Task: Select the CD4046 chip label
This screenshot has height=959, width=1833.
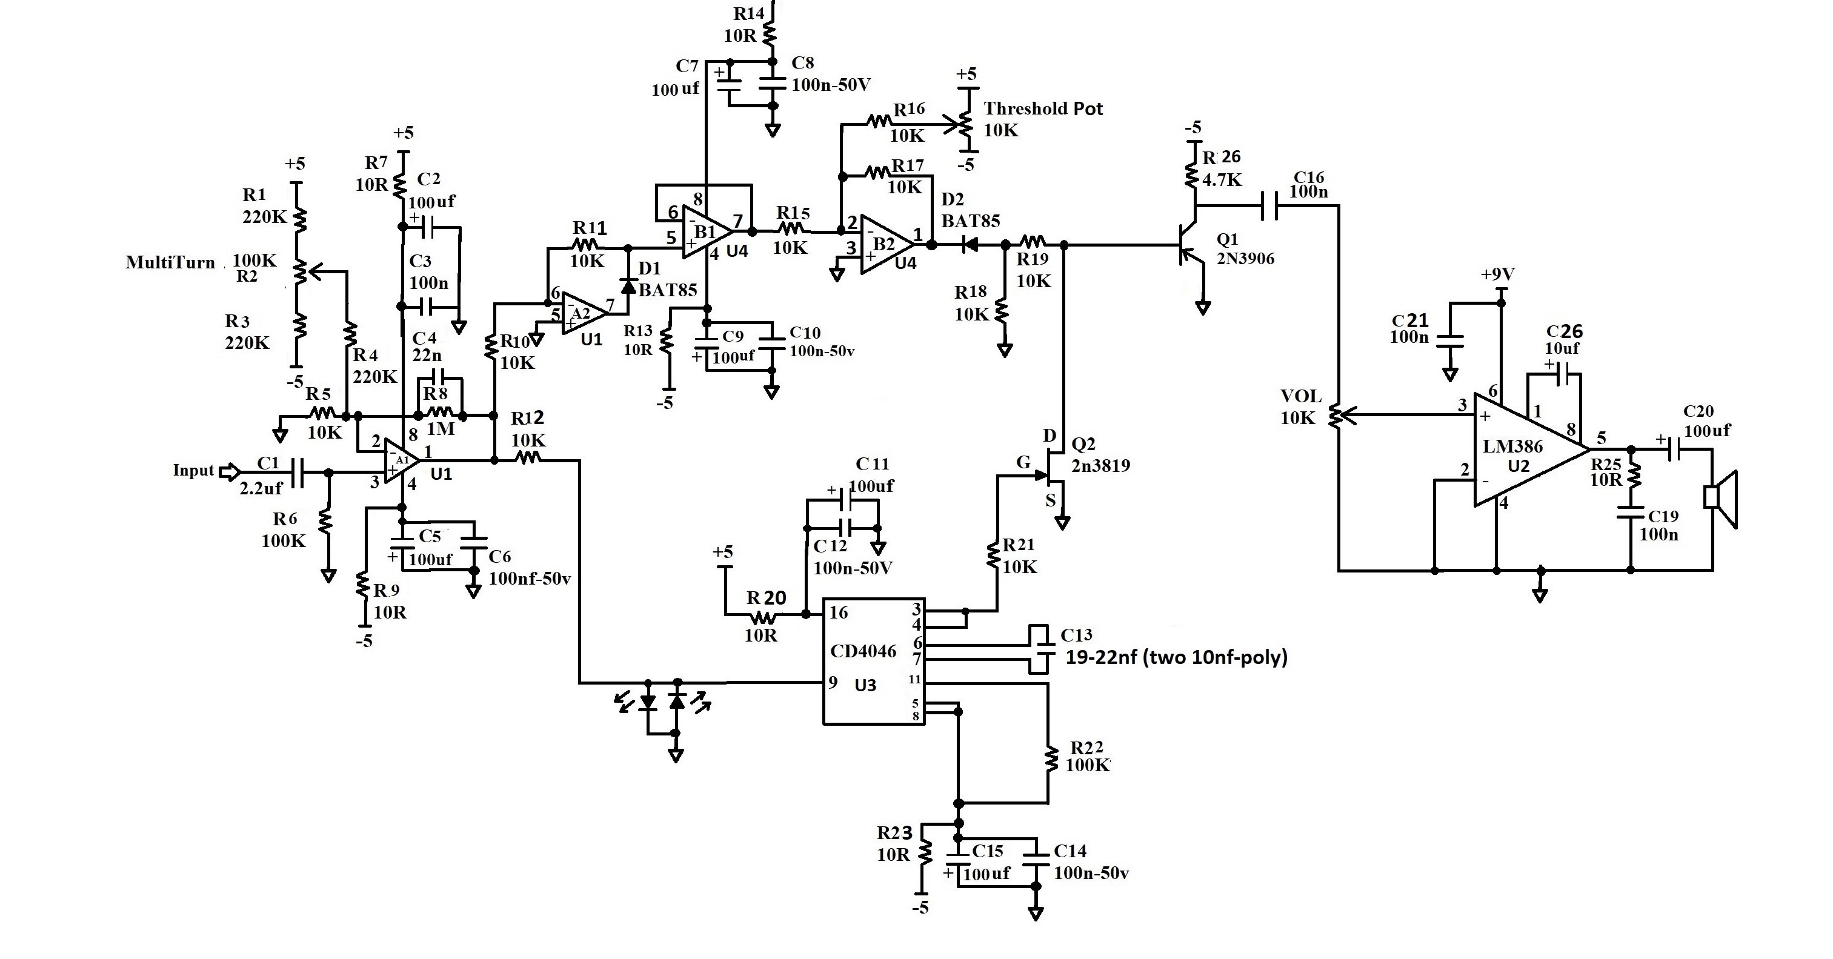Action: (863, 651)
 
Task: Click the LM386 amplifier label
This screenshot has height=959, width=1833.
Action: (1512, 446)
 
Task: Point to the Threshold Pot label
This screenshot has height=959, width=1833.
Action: (1043, 109)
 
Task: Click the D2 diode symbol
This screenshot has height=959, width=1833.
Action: (968, 245)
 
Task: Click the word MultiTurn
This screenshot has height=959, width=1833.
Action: (170, 262)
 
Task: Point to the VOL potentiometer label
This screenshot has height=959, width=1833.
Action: (1301, 396)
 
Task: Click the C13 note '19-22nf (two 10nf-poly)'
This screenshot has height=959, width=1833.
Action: (1176, 657)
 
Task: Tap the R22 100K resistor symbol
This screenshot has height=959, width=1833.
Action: (1049, 759)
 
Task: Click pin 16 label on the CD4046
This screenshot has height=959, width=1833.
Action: (838, 612)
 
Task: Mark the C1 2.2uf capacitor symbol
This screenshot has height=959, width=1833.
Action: (298, 473)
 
